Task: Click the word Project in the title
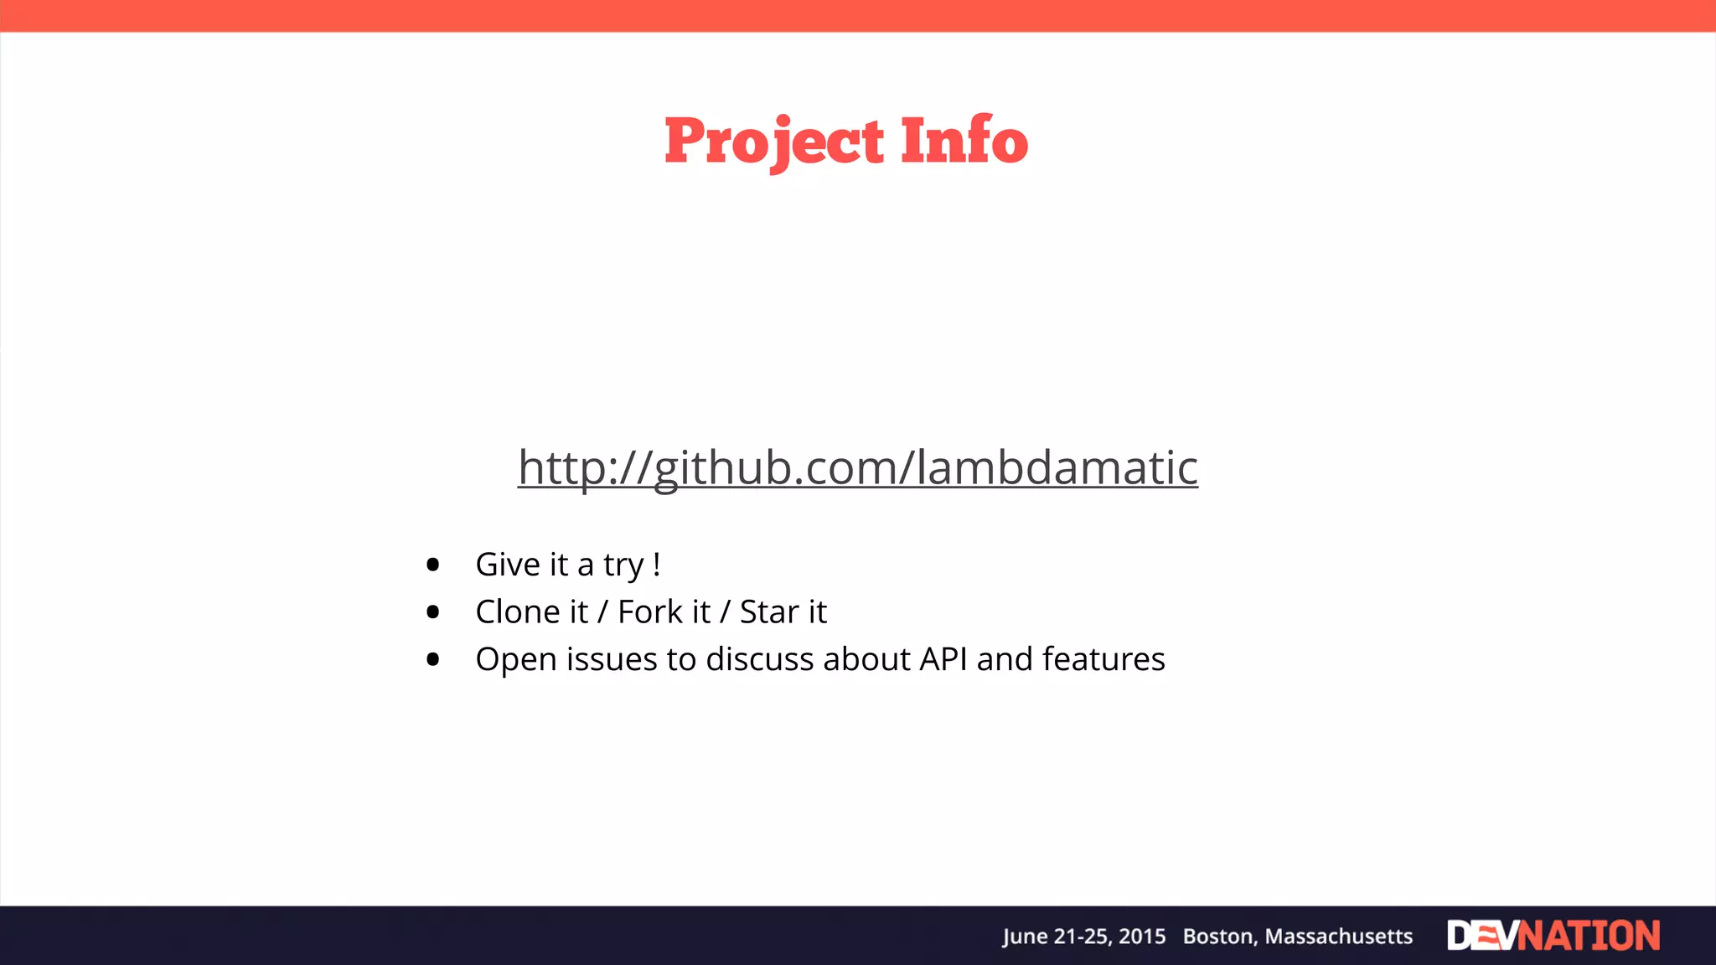(x=773, y=141)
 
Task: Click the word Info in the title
(x=964, y=141)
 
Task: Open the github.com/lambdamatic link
(x=857, y=467)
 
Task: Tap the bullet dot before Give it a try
(x=432, y=565)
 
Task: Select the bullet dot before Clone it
(x=432, y=612)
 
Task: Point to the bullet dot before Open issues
(x=432, y=660)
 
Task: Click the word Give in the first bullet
(x=508, y=565)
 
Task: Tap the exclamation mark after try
(x=656, y=565)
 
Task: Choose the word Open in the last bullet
(x=516, y=660)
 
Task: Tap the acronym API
(x=943, y=660)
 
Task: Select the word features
(x=1104, y=660)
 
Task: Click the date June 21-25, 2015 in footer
(x=1084, y=937)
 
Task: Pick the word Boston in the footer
(x=1219, y=937)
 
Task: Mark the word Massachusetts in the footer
(x=1338, y=937)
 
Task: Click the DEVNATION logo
(x=1553, y=936)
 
